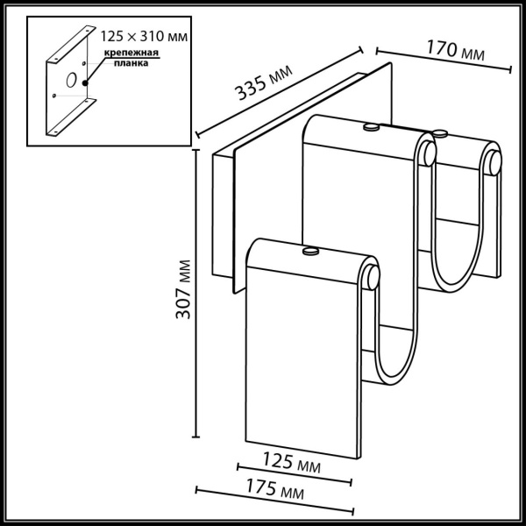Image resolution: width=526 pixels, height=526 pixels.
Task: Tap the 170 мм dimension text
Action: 454,50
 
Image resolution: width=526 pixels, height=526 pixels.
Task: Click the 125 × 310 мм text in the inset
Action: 146,38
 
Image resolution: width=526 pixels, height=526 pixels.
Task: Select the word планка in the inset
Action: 134,64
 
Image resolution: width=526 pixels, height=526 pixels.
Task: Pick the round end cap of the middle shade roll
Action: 427,153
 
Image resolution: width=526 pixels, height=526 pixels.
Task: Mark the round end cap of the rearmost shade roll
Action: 495,162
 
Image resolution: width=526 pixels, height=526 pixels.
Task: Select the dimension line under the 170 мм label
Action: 443,60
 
